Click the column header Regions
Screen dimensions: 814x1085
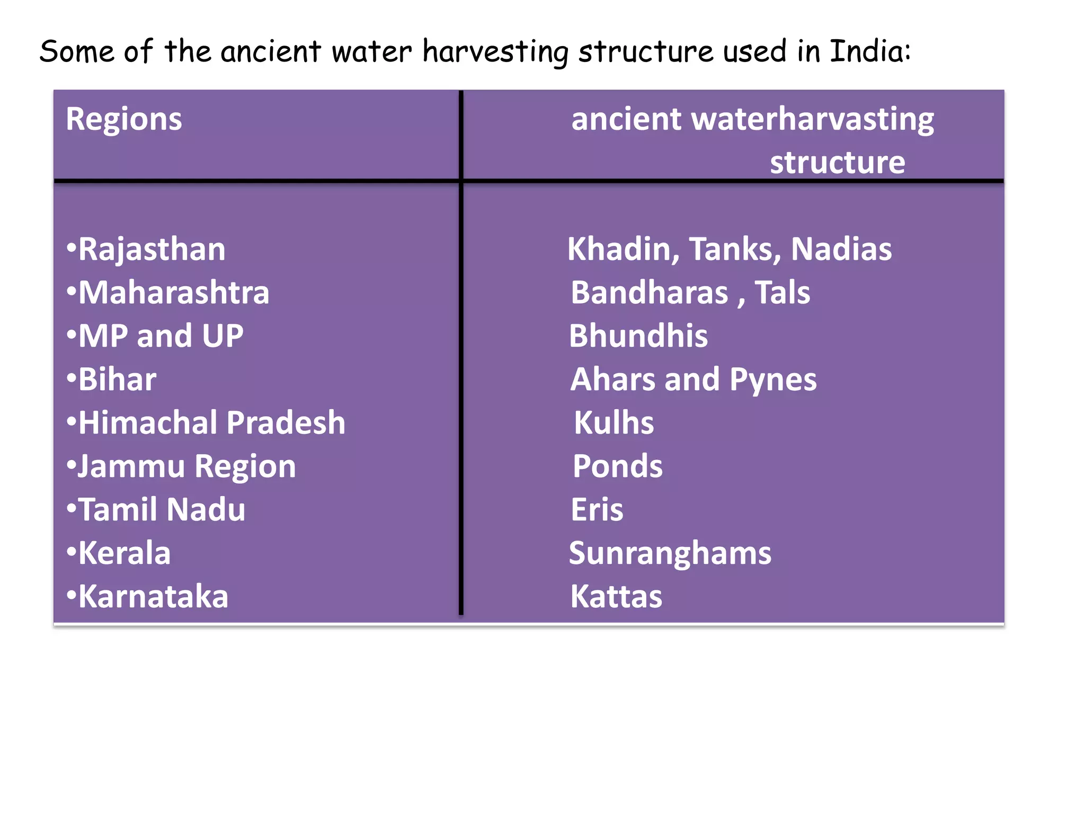coord(124,119)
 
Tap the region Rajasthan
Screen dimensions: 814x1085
coord(152,249)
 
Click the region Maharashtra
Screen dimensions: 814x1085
coord(174,293)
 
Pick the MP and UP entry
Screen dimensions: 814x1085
coord(161,336)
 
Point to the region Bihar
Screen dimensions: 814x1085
coord(117,379)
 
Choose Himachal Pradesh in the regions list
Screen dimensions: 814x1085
coord(211,423)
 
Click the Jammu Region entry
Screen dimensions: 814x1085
coord(186,466)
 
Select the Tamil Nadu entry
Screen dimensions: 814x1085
coord(162,510)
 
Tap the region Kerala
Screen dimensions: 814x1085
coord(124,553)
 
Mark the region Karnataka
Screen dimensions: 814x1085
coord(153,597)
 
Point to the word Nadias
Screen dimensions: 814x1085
coord(841,249)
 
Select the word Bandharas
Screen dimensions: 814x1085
coord(650,293)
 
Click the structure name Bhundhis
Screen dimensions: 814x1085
coord(638,336)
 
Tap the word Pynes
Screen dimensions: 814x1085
coord(773,380)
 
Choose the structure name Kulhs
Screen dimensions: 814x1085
coord(614,423)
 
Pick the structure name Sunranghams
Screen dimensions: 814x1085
coord(670,553)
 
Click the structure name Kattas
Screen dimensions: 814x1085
coord(616,597)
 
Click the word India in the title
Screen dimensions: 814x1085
coord(869,51)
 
